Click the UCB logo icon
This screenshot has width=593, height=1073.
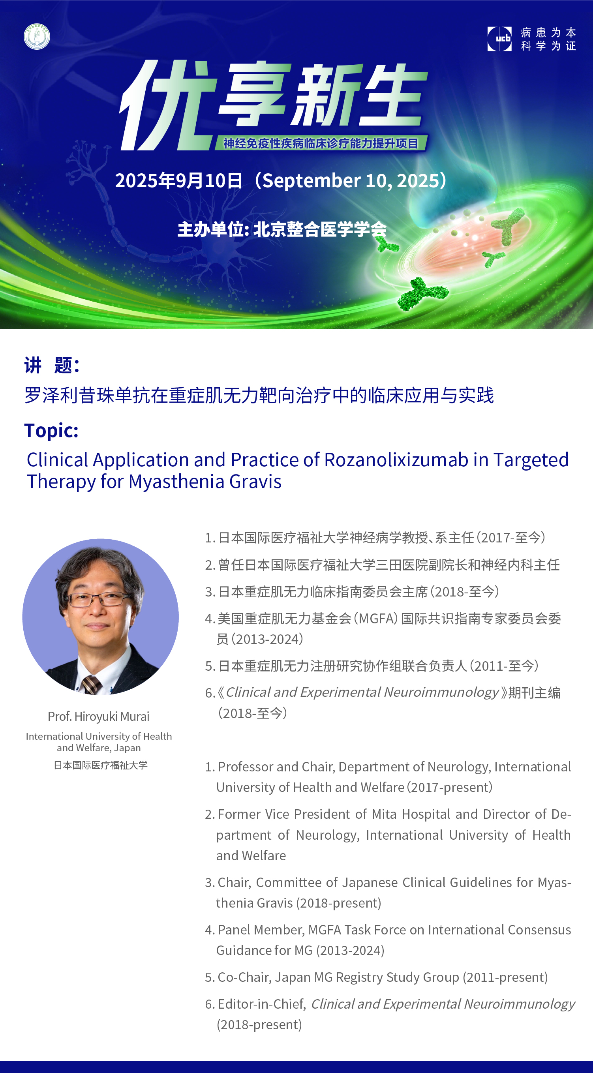pyautogui.click(x=499, y=39)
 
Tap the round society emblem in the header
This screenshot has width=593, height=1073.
pyautogui.click(x=37, y=37)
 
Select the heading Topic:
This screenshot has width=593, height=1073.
pyautogui.click(x=51, y=430)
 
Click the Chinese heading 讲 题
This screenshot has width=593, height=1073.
pyautogui.click(x=52, y=365)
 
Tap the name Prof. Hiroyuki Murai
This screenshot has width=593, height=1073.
pyautogui.click(x=99, y=717)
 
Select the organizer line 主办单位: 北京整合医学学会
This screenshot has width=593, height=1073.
pyautogui.click(x=282, y=229)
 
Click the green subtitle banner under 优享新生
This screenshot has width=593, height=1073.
pyautogui.click(x=321, y=143)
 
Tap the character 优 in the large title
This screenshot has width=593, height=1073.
pyautogui.click(x=167, y=105)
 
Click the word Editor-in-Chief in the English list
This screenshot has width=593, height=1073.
pyautogui.click(x=262, y=1004)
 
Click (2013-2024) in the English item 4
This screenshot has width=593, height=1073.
pyautogui.click(x=350, y=951)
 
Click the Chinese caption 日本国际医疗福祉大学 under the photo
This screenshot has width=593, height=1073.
pyautogui.click(x=101, y=765)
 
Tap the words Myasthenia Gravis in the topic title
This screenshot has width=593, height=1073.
pyautogui.click(x=205, y=482)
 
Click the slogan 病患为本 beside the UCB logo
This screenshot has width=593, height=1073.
pyautogui.click(x=548, y=32)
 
